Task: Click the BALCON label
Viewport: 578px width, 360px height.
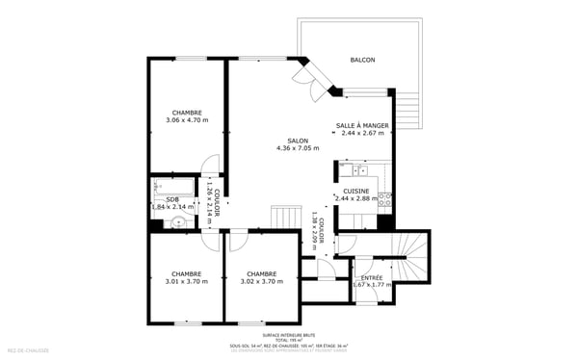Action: coord(362,60)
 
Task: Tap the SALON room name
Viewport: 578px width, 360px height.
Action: coord(298,141)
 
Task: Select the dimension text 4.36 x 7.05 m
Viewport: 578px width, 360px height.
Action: coord(298,148)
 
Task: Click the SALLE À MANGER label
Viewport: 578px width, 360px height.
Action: coord(362,126)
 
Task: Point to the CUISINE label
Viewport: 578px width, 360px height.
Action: coord(356,191)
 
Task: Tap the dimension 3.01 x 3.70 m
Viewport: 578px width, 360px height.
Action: coord(186,281)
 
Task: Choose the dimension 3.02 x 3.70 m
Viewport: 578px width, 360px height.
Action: coord(261,281)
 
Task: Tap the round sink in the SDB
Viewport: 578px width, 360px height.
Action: coord(163,222)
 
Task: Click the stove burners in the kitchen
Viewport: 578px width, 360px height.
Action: coord(384,200)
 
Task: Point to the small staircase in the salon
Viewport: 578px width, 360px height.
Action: coord(284,218)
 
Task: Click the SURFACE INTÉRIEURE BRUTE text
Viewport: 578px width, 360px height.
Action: coord(288,334)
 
